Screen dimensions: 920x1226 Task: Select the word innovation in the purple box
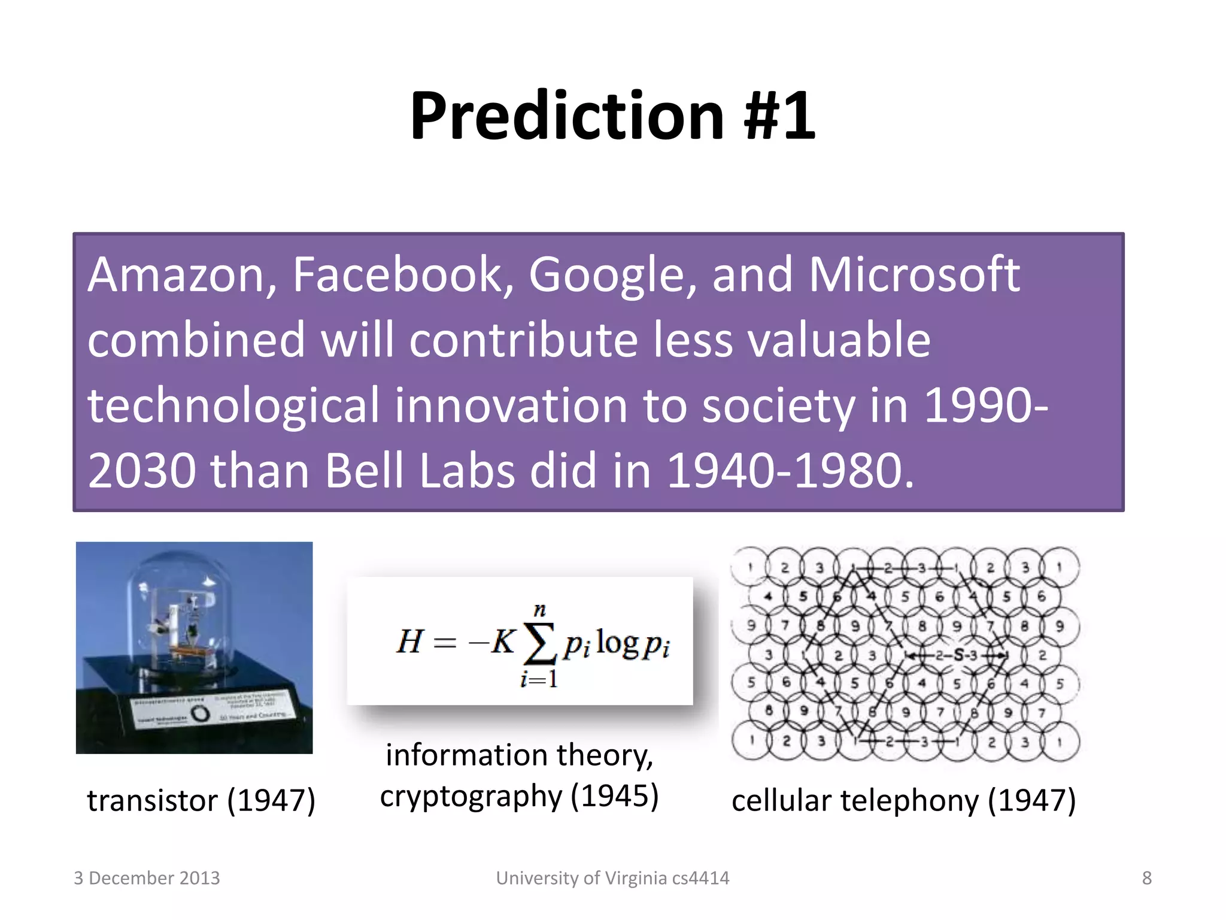(x=511, y=405)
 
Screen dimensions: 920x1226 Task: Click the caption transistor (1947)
(x=201, y=800)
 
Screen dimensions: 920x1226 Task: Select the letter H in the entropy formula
(x=411, y=642)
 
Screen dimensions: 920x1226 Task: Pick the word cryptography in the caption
(x=471, y=797)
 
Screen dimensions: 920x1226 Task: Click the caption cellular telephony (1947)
(x=903, y=800)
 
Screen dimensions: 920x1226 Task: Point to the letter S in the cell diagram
(x=959, y=655)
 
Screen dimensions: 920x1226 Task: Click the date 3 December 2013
(x=147, y=878)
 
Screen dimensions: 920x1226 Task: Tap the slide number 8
(x=1146, y=878)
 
